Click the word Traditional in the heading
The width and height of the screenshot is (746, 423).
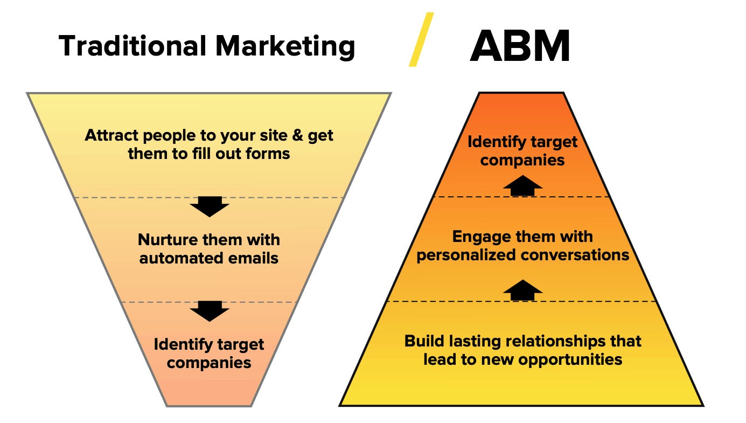[131, 46]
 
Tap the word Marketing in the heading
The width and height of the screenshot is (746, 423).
[285, 47]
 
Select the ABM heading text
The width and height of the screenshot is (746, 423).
[520, 46]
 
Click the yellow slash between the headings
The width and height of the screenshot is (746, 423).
[421, 40]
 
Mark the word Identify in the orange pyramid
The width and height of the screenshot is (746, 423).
[493, 142]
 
